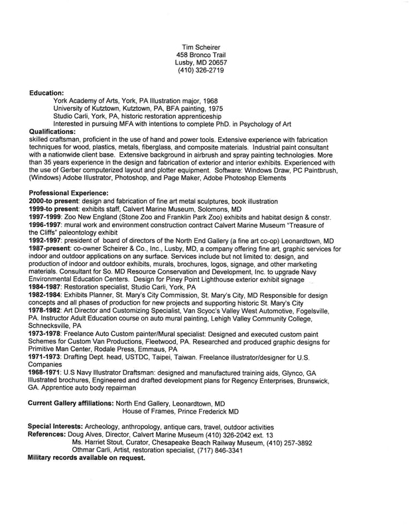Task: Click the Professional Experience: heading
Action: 69,192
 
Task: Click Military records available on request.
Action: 86,458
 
